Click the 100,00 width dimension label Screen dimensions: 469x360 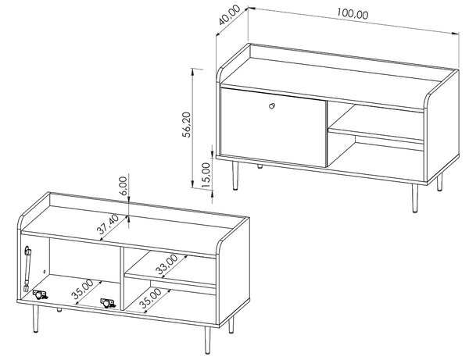point(353,14)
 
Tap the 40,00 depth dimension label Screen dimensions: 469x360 point(229,15)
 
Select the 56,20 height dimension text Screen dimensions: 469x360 point(186,125)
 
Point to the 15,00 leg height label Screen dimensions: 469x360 point(206,175)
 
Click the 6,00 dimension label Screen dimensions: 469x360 point(123,186)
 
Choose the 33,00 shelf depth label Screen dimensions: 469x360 point(167,265)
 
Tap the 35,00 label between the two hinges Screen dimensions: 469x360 point(82,289)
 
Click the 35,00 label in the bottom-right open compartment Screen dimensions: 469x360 point(151,298)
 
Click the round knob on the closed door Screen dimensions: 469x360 point(272,105)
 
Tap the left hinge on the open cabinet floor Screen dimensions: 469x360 point(40,294)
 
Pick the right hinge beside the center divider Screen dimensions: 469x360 point(107,303)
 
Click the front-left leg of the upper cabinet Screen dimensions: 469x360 point(235,176)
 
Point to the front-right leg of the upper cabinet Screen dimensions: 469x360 point(414,198)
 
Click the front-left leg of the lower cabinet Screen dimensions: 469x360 point(36,319)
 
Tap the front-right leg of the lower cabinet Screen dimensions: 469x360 point(208,340)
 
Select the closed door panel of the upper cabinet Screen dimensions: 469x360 point(273,127)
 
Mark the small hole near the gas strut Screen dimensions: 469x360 point(45,272)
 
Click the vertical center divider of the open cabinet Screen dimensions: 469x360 point(122,279)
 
